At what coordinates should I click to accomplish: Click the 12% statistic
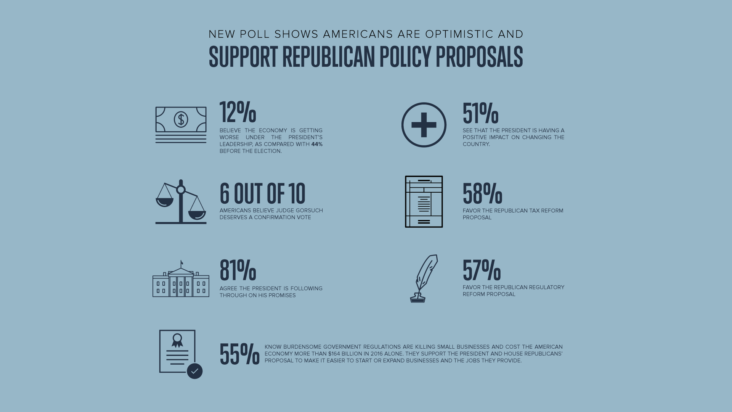pyautogui.click(x=238, y=112)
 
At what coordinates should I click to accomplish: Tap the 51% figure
pyautogui.click(x=480, y=113)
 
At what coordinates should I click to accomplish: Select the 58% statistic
pyautogui.click(x=482, y=193)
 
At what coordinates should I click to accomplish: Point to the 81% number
pyautogui.click(x=238, y=270)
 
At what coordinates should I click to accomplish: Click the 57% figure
pyautogui.click(x=482, y=270)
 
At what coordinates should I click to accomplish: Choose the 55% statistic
pyautogui.click(x=239, y=354)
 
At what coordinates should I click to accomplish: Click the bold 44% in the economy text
pyautogui.click(x=317, y=144)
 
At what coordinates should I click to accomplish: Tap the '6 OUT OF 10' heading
pyautogui.click(x=262, y=193)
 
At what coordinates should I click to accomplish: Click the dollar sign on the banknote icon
pyautogui.click(x=181, y=119)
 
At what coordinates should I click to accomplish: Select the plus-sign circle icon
pyautogui.click(x=424, y=125)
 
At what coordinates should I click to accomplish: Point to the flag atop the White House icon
pyautogui.click(x=182, y=262)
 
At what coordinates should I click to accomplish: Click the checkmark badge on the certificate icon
pyautogui.click(x=194, y=371)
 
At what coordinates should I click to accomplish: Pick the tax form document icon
pyautogui.click(x=424, y=201)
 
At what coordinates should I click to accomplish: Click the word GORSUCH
pyautogui.click(x=309, y=211)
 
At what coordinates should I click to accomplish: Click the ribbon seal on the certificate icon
pyautogui.click(x=177, y=340)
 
